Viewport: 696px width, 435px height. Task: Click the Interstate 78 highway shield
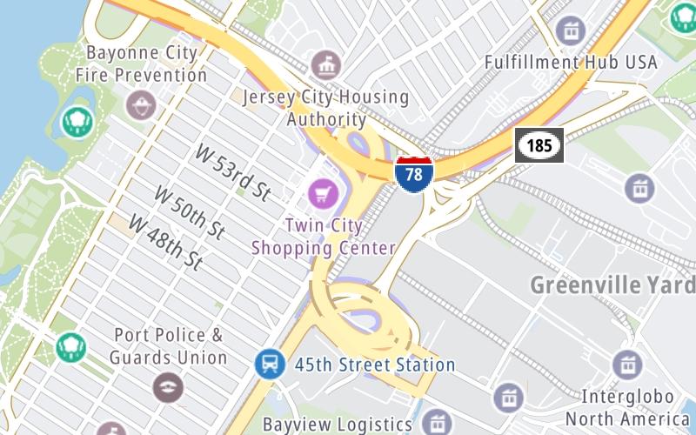pos(414,173)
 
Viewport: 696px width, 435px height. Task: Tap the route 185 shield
pos(539,145)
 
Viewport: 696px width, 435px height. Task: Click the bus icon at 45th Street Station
pos(270,364)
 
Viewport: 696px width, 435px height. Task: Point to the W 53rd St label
pos(233,173)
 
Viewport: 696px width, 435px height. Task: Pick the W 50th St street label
pos(190,211)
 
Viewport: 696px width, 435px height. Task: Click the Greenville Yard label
pos(612,284)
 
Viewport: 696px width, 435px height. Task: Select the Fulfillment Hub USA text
pos(571,63)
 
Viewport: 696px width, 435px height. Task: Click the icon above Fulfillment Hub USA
pos(571,32)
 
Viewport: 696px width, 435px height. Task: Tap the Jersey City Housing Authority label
pos(325,107)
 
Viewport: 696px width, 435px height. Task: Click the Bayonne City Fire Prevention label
pos(141,64)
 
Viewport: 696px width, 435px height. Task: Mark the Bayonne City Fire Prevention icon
pos(138,106)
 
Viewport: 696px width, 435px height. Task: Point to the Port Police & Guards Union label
pos(168,346)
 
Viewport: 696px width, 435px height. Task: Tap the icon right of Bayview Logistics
pos(436,424)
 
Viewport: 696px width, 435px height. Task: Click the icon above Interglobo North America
pos(627,365)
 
